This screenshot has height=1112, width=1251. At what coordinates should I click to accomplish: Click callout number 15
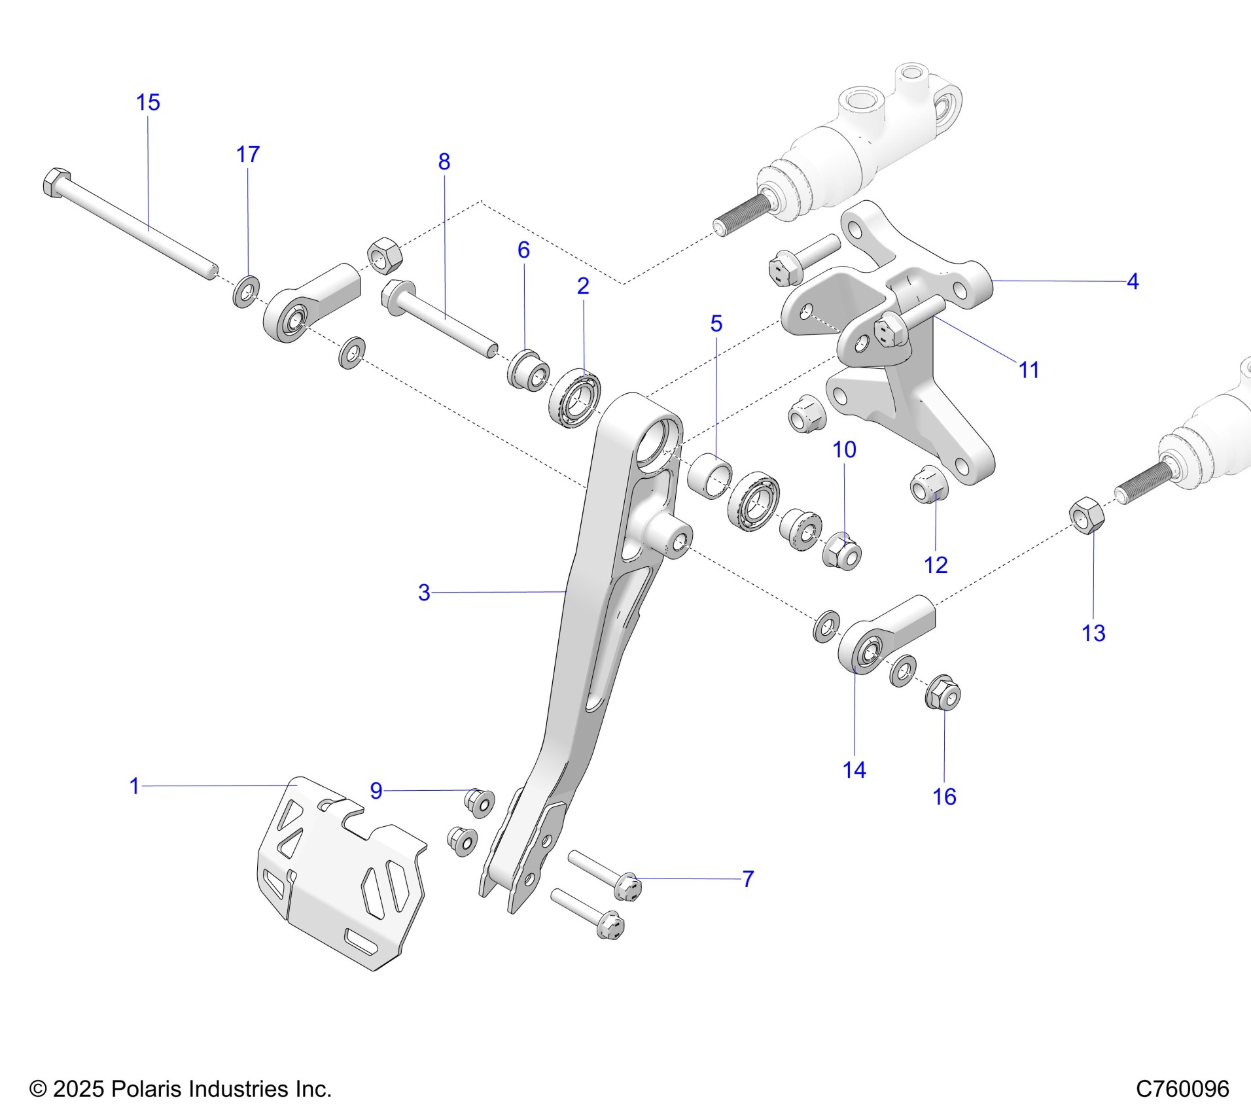pos(148,103)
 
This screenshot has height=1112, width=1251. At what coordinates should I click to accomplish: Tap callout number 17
pos(248,155)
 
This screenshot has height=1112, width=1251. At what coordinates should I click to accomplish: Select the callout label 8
pos(444,162)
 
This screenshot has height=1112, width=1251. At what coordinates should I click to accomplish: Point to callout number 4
pos(1133,282)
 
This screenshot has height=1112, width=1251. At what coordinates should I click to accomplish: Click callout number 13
pos(1093,633)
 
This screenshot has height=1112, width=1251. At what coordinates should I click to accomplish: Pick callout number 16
pos(944,797)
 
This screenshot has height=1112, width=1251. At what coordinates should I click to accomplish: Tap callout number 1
pos(135,786)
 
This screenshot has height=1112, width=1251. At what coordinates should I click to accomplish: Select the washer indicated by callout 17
pos(246,292)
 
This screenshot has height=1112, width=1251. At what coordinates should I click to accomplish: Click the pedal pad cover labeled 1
pos(340,883)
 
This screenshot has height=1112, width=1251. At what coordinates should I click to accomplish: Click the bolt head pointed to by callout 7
pos(628,887)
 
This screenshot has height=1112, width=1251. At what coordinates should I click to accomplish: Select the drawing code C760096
pos(1182,1089)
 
